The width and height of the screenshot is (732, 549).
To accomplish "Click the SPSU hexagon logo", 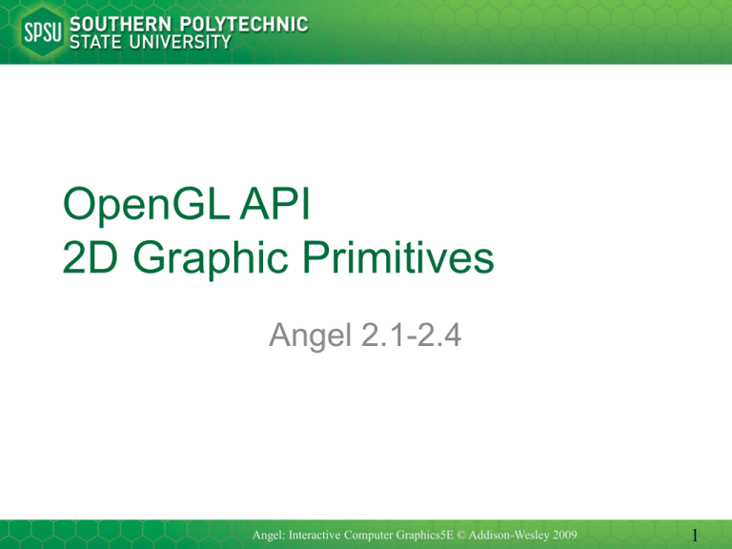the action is (43, 31).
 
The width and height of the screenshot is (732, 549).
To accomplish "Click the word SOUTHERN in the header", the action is (120, 24).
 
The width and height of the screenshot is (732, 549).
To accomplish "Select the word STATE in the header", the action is (95, 42).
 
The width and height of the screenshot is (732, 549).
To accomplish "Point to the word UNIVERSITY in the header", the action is (180, 42).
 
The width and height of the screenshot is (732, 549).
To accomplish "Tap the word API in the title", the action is (274, 203).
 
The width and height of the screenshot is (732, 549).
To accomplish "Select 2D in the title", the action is (90, 256).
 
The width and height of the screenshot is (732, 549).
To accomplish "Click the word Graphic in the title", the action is (211, 259).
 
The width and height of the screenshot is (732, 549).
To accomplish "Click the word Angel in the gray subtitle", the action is (310, 336).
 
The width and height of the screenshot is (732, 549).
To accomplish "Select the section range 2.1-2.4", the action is (412, 335).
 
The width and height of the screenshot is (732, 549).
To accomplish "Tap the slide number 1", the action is (695, 535).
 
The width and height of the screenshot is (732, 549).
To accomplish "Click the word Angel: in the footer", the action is (269, 535).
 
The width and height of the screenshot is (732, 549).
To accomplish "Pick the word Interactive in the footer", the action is (315, 535).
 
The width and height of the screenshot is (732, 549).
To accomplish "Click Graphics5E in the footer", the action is (425, 536).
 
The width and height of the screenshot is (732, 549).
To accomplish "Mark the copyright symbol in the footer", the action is (461, 535).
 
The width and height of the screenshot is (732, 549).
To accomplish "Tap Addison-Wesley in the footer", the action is (508, 535).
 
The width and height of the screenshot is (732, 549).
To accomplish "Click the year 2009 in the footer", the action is (564, 535).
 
